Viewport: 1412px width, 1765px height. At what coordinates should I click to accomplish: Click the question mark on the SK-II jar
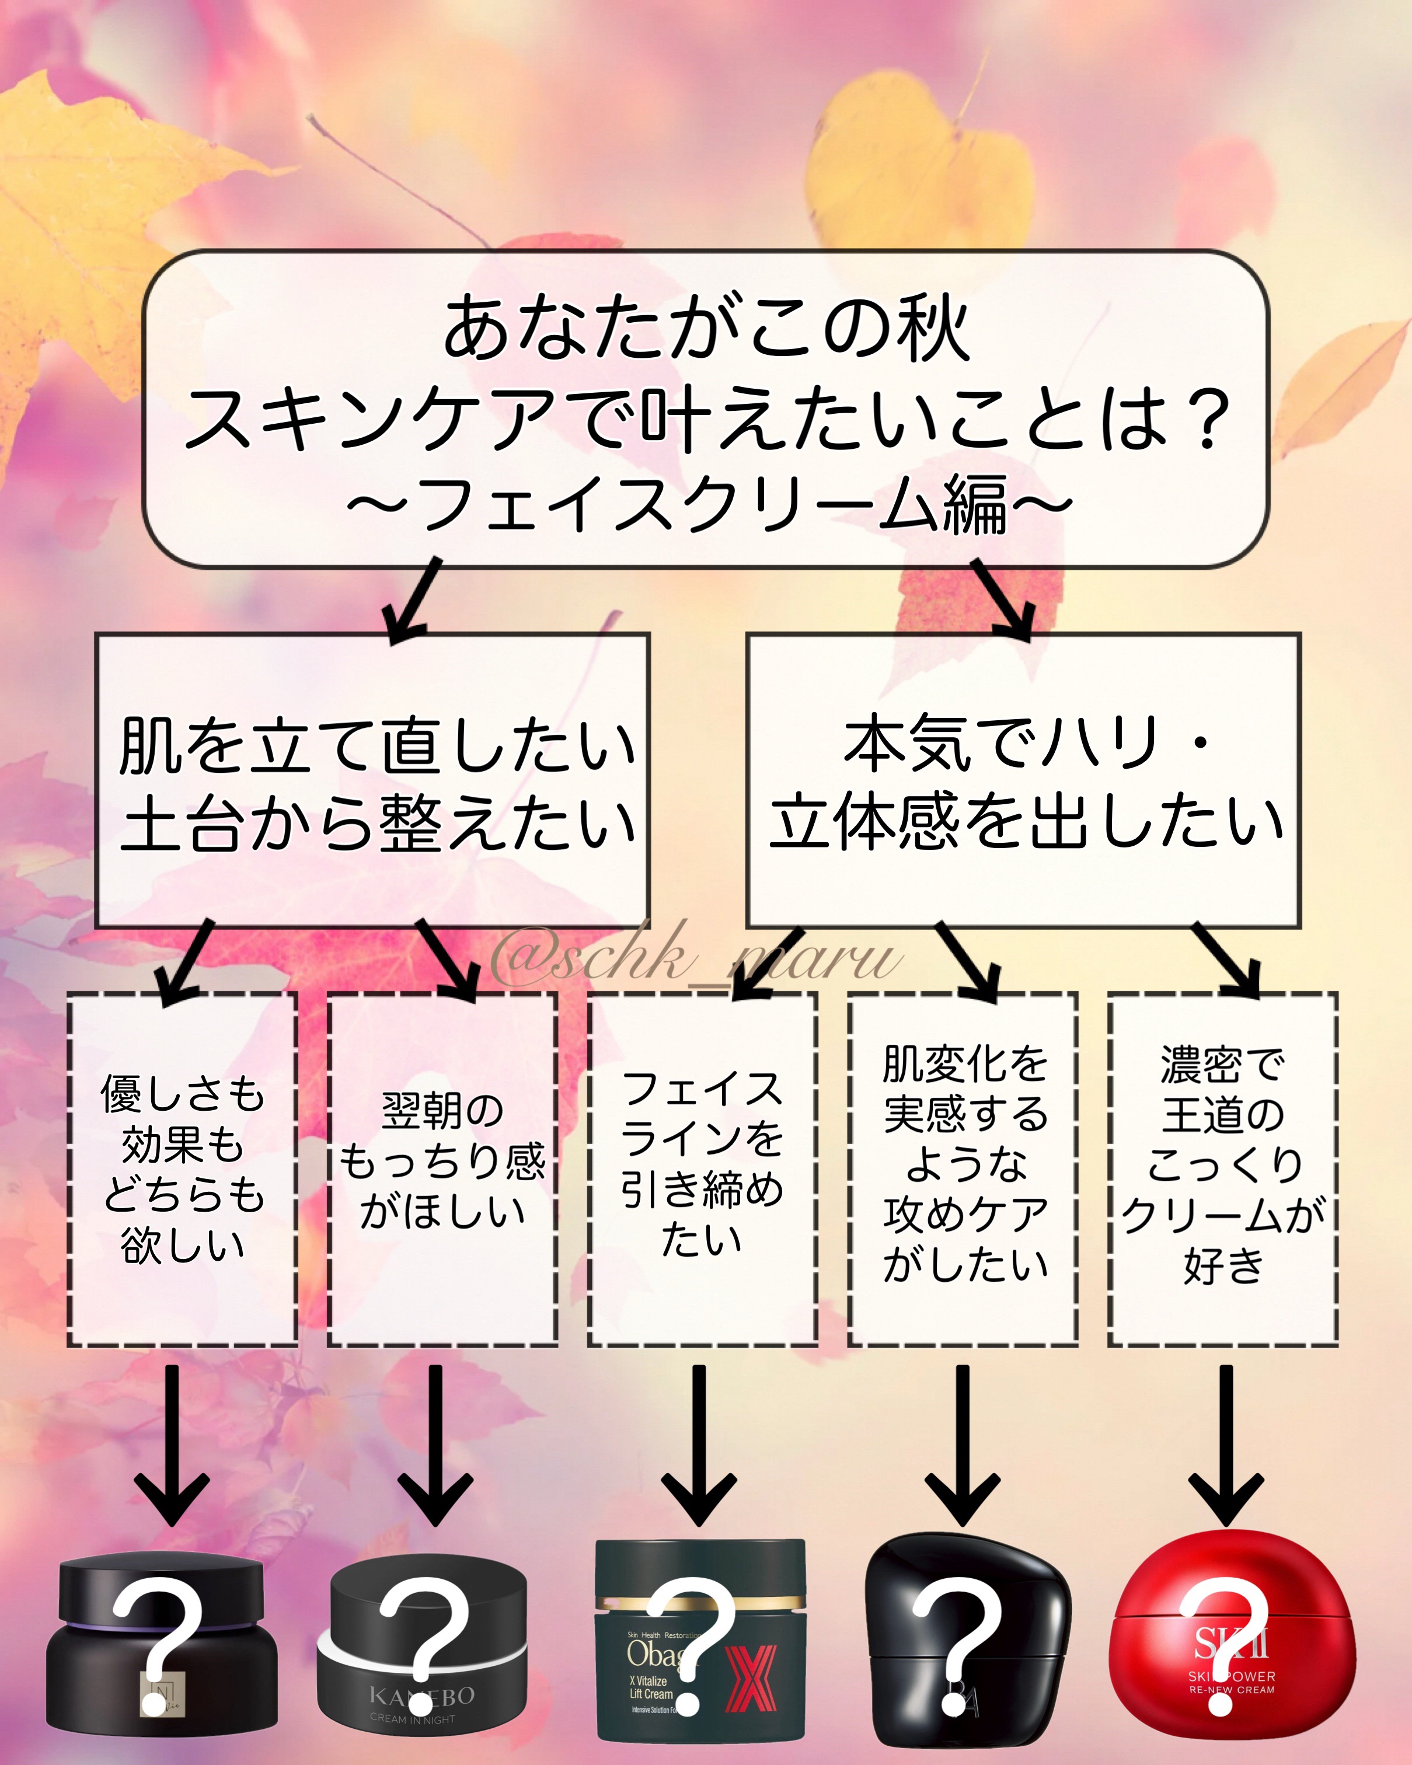1223,1645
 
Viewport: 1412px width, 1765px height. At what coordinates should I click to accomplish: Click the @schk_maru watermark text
696,958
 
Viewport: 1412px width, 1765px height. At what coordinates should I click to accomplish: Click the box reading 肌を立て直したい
372,782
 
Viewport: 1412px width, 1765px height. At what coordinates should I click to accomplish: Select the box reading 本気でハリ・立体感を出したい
1023,782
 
